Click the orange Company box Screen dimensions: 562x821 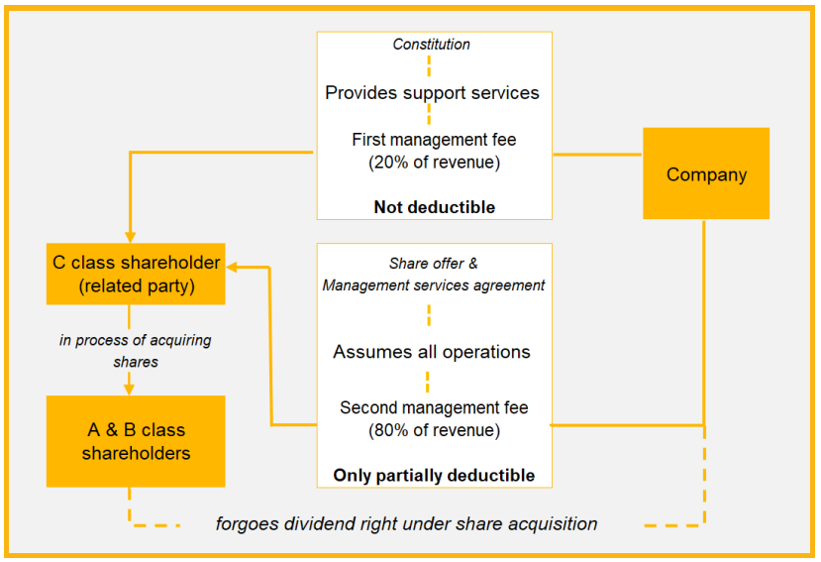[706, 173]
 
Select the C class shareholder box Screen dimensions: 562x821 [135, 274]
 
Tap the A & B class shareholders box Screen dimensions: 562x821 [135, 441]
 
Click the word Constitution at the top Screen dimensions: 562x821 [432, 44]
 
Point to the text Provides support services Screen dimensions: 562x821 [433, 92]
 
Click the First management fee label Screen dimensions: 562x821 [434, 140]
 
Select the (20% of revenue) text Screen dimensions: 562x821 [434, 162]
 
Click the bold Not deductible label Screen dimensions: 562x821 [434, 207]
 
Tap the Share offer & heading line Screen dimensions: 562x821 [433, 264]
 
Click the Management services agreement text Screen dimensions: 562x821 [434, 285]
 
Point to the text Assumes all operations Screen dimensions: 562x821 [432, 352]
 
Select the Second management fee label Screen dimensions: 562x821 [434, 407]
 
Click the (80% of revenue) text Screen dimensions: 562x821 [434, 430]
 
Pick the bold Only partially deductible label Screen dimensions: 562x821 [434, 476]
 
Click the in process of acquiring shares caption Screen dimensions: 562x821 [135, 351]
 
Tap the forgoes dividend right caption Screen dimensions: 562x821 [406, 523]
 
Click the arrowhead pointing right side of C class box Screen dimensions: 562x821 [234, 266]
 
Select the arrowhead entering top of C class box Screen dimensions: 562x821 [130, 234]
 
